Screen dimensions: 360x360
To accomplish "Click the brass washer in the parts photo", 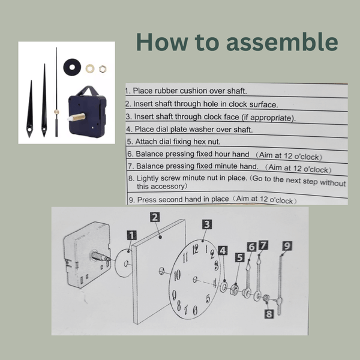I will (90, 68).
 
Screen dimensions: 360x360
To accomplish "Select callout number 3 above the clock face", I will (206, 224).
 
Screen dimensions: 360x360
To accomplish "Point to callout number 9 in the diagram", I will (287, 245).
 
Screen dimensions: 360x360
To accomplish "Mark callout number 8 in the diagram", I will (269, 312).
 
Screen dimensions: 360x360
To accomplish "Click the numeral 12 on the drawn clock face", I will (205, 248).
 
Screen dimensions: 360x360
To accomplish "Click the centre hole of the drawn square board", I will (161, 272).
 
